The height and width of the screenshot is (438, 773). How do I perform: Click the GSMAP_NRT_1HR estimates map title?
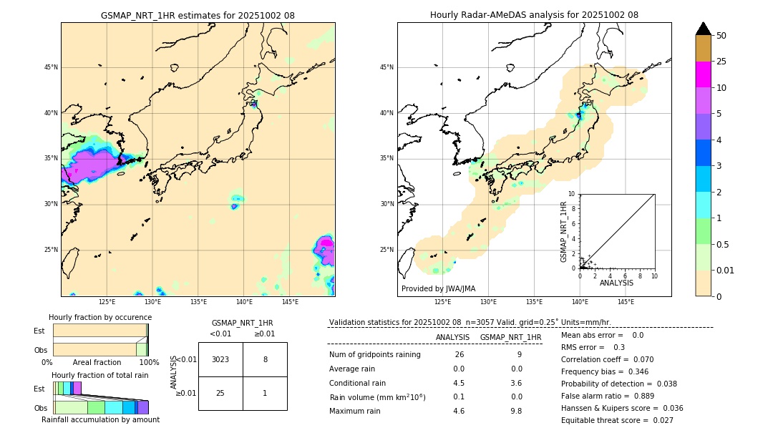click(x=198, y=15)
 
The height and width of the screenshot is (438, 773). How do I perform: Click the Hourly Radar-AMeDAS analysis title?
click(x=534, y=15)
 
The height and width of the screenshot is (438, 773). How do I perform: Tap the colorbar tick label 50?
click(x=721, y=36)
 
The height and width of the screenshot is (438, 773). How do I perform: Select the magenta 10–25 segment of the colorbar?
click(x=703, y=74)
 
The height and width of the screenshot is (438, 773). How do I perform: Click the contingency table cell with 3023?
click(x=220, y=359)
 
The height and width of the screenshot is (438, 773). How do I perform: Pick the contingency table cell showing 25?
click(x=220, y=393)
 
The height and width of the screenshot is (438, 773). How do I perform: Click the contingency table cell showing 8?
click(x=265, y=359)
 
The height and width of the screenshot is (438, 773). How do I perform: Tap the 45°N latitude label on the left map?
click(x=51, y=67)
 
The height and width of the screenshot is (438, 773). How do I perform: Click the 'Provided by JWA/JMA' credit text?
click(x=438, y=288)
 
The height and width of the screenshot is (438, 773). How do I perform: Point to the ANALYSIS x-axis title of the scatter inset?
click(x=616, y=283)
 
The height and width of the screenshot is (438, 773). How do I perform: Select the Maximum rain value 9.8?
click(x=516, y=411)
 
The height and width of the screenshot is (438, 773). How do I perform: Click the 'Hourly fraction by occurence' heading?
click(x=100, y=317)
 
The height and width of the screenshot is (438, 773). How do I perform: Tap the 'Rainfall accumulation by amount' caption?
click(x=100, y=419)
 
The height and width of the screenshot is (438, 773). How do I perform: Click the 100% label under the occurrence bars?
click(x=149, y=362)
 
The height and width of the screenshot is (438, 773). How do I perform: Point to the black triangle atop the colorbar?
click(x=703, y=29)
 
